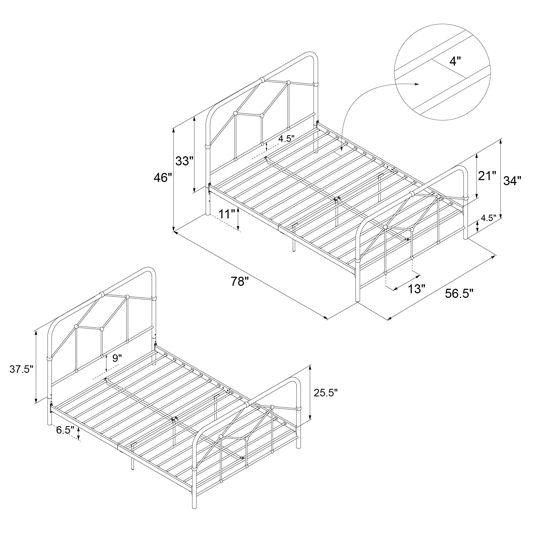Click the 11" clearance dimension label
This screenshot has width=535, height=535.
click(227, 214)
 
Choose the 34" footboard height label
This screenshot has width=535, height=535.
click(512, 181)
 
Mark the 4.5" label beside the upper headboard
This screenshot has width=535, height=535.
click(286, 139)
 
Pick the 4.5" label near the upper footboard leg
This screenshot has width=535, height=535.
click(488, 218)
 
